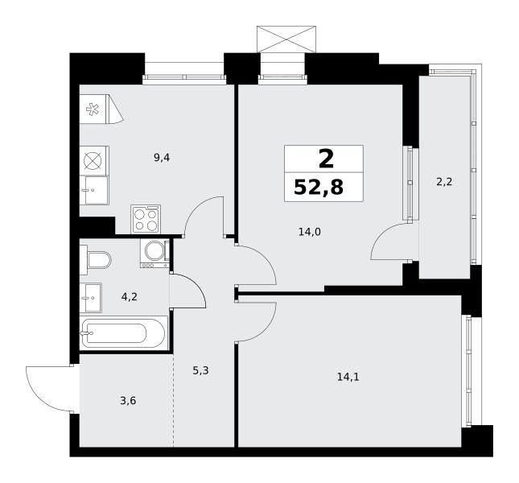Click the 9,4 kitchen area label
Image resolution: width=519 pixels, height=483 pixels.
(x=162, y=158)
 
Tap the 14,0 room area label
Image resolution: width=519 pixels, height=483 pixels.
(x=310, y=232)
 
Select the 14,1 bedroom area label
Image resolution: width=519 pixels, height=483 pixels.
(x=348, y=377)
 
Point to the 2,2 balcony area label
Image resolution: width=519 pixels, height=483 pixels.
(x=444, y=182)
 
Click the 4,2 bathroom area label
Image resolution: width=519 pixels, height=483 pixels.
(x=129, y=297)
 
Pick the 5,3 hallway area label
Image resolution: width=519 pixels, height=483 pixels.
(x=200, y=370)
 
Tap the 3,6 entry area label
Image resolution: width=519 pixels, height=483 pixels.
(x=128, y=401)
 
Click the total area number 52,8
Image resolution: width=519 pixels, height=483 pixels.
(x=319, y=187)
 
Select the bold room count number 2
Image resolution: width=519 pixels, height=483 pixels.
(x=327, y=159)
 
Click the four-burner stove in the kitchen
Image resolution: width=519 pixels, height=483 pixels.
(x=146, y=219)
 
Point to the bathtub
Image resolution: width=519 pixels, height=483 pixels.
(x=124, y=333)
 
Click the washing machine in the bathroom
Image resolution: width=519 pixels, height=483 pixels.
(x=154, y=254)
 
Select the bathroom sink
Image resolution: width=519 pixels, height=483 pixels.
(x=91, y=298)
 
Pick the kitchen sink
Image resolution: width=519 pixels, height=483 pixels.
(x=94, y=190)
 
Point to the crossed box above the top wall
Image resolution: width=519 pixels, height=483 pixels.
(x=286, y=39)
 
